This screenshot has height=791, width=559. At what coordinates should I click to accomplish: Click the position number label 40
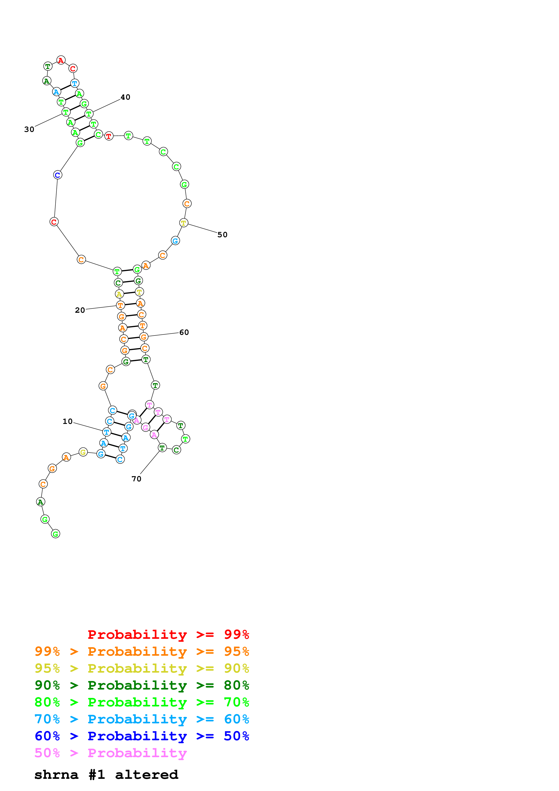point(125,97)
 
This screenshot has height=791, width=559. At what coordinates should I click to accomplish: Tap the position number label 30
point(29,129)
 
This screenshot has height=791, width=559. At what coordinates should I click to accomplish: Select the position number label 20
point(80,310)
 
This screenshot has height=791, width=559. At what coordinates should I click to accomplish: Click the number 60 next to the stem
point(184,332)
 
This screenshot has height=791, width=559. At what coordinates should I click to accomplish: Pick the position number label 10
point(67,421)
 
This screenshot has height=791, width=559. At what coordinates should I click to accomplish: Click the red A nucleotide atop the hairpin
point(61,60)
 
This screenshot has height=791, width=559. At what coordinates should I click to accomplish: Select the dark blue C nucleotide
point(58,175)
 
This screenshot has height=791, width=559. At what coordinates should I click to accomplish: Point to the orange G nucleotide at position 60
point(144,337)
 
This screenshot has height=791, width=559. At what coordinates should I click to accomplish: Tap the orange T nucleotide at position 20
point(120,305)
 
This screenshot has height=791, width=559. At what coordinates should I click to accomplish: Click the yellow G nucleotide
point(83,452)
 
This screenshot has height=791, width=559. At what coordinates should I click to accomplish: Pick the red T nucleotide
point(109,136)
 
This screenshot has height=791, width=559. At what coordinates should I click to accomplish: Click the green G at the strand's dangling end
point(55,534)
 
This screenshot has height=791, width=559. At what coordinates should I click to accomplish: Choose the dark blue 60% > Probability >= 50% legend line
point(142,736)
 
